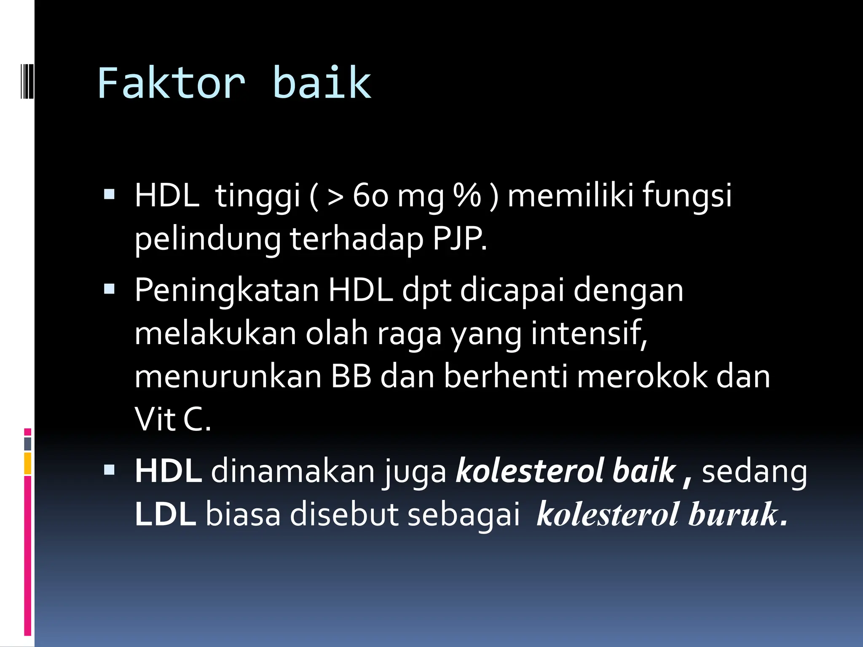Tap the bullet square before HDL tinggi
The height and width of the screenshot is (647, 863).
pyautogui.click(x=109, y=194)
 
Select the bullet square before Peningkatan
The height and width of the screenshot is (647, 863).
pyautogui.click(x=109, y=289)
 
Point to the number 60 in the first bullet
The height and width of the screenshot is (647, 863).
pyautogui.click(x=370, y=196)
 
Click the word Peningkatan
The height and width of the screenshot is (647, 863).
pyautogui.click(x=227, y=291)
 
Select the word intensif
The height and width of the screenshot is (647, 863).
pyautogui.click(x=588, y=333)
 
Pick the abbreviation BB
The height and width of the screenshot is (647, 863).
pyautogui.click(x=351, y=377)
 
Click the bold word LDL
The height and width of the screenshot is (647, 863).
pyautogui.click(x=165, y=514)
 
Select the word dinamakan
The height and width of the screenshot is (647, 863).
pyautogui.click(x=292, y=471)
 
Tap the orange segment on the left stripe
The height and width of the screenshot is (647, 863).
pyautogui.click(x=28, y=463)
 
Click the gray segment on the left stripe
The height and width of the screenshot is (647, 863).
pyautogui.click(x=28, y=444)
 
